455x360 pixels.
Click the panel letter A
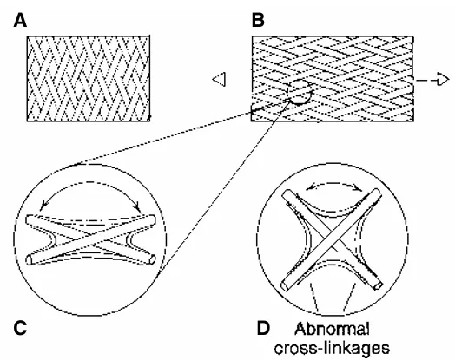point(20,21)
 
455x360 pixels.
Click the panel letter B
point(258,21)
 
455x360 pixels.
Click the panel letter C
point(20,328)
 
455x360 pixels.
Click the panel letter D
point(263,329)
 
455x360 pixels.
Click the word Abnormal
point(333,330)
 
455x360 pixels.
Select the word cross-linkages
point(332,347)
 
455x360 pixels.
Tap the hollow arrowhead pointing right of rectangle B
point(443,80)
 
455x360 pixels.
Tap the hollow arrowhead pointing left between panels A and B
point(219,79)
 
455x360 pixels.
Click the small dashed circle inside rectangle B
point(300,92)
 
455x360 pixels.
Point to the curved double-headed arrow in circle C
point(90,182)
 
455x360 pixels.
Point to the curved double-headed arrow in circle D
point(334,183)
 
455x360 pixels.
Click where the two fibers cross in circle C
point(90,239)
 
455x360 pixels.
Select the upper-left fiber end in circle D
point(287,194)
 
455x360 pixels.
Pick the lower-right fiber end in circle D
point(378,285)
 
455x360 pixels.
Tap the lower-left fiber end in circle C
point(29,259)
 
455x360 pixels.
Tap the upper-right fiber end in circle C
point(152,220)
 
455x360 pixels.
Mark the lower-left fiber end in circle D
point(286,285)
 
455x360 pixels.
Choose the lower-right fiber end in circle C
point(152,259)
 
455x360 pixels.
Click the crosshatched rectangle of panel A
point(89,78)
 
